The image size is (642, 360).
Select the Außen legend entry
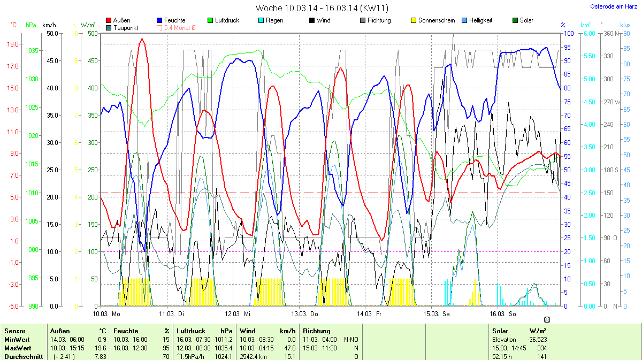coord(121,20)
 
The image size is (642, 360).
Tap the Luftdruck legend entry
coord(227,20)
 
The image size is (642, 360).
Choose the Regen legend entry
coord(274,20)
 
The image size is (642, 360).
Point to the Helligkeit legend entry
coord(480,20)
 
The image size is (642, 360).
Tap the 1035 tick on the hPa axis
coord(32,51)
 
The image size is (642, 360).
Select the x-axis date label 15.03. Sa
coord(437,313)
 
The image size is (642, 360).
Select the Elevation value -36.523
coord(537,340)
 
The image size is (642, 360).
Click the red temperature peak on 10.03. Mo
coord(142,39)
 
